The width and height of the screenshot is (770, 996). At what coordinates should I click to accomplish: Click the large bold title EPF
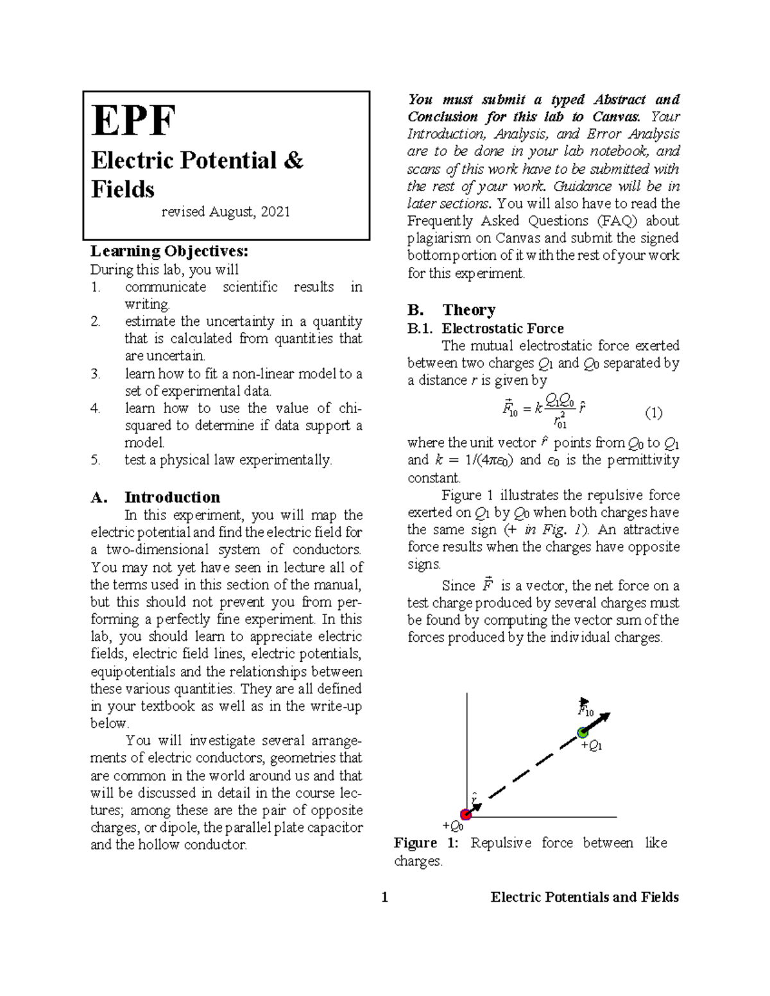click(x=133, y=121)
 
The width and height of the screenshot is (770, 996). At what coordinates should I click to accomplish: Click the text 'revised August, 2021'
click(x=225, y=212)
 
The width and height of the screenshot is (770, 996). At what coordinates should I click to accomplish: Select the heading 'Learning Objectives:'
click(x=169, y=251)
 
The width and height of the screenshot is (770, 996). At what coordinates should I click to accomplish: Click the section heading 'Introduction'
click(x=172, y=498)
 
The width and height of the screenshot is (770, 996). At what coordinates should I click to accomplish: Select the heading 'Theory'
click(x=468, y=310)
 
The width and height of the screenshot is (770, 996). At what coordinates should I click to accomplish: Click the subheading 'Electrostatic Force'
click(x=502, y=328)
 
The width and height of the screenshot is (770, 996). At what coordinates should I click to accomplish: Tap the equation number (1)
click(x=653, y=413)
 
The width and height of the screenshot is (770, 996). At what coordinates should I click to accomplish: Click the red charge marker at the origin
click(x=466, y=815)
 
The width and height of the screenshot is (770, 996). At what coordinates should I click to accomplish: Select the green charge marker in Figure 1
click(x=583, y=732)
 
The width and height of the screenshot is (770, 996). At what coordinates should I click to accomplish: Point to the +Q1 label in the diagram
click(x=591, y=746)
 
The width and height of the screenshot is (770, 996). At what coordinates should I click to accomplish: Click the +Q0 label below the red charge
click(x=453, y=826)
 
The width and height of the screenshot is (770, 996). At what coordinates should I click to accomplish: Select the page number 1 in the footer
click(x=385, y=897)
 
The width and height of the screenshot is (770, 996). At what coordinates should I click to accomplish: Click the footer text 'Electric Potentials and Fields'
click(x=585, y=897)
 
